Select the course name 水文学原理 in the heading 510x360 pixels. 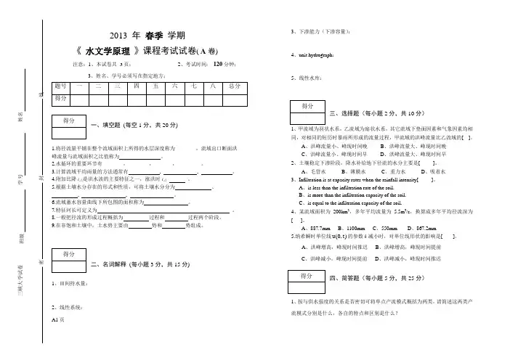111,52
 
